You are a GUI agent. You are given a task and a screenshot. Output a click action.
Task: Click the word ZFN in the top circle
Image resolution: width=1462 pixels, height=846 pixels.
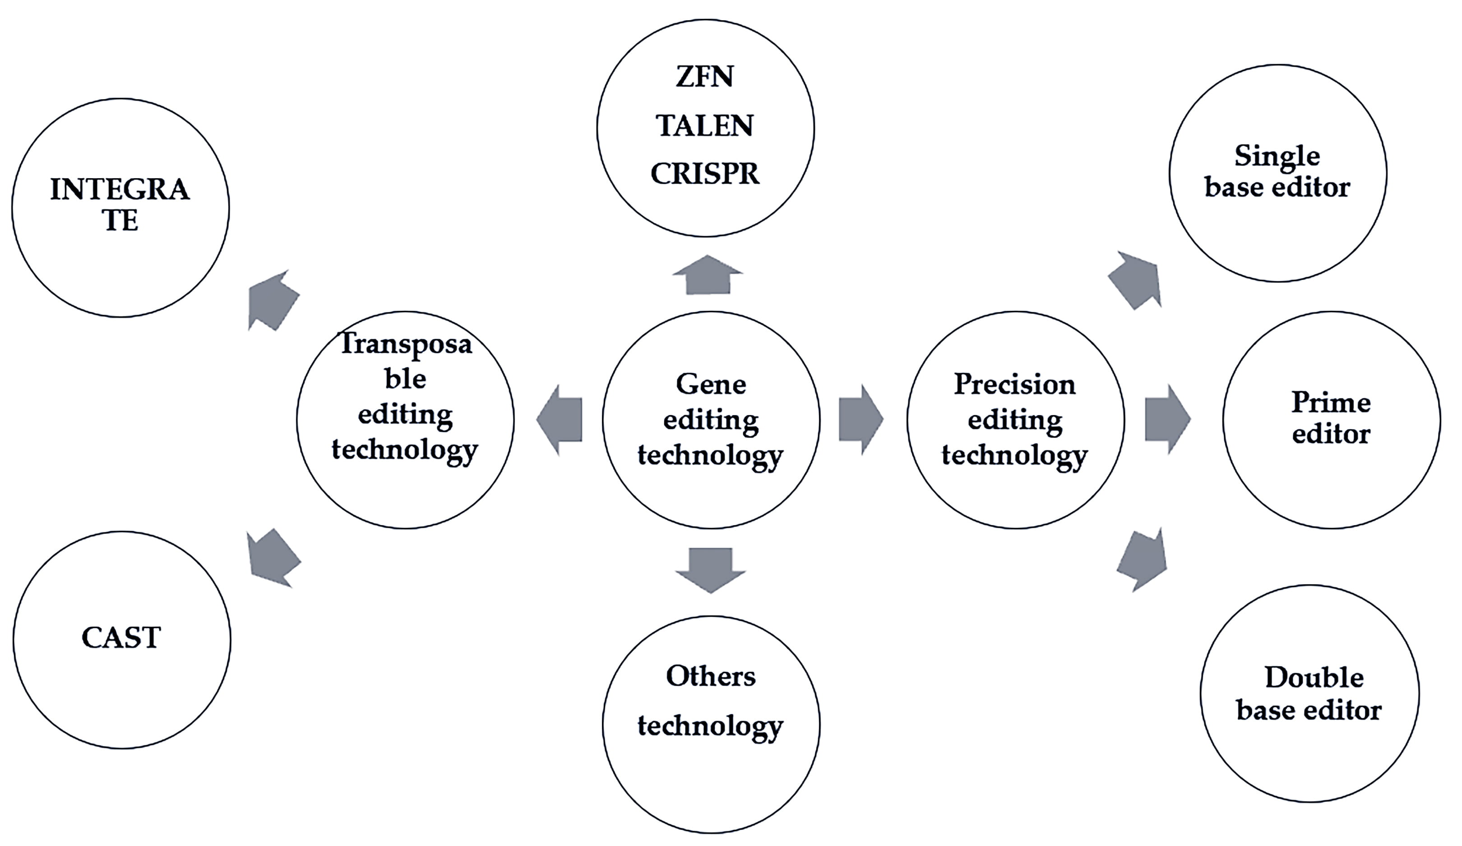[x=704, y=77]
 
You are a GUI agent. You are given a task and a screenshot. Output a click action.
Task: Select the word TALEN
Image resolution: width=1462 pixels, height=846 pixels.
[x=704, y=125]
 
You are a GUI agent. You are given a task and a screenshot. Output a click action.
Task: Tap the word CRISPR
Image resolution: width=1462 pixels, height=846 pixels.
[x=704, y=174]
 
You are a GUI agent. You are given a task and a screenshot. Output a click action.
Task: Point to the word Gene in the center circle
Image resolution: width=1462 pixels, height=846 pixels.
[x=711, y=384]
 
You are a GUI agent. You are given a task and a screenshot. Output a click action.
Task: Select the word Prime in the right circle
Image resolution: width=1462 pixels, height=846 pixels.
[x=1331, y=402]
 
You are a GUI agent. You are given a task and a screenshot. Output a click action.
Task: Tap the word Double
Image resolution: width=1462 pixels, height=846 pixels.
[x=1314, y=677]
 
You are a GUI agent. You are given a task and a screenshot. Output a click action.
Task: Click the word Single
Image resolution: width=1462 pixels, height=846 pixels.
[x=1277, y=156]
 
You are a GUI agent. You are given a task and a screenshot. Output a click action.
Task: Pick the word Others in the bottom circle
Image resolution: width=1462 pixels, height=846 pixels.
[x=711, y=676]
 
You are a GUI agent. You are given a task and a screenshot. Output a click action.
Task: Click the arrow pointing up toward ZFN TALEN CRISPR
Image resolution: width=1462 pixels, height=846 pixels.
[x=707, y=275]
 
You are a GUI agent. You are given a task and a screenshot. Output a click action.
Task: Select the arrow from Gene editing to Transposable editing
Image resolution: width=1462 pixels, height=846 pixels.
[x=560, y=419]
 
